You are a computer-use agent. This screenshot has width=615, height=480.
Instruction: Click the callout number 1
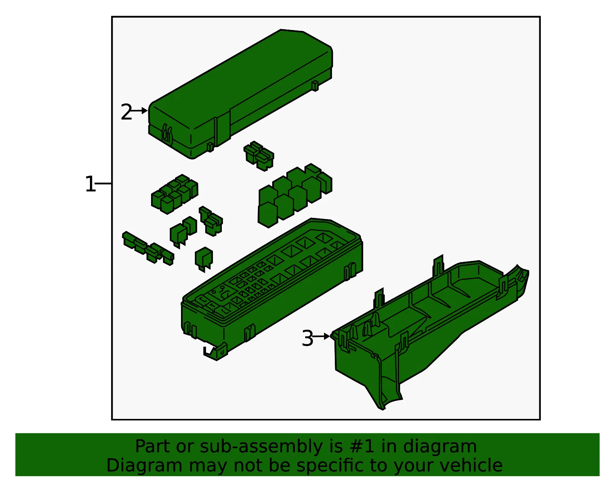pyautogui.click(x=90, y=184)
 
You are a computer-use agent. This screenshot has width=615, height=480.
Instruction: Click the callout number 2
pyautogui.click(x=126, y=111)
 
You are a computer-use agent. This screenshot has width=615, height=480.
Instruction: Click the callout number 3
pyautogui.click(x=307, y=338)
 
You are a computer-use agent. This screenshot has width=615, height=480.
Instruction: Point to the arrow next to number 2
pyautogui.click(x=139, y=111)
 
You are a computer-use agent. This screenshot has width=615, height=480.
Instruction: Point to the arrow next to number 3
pyautogui.click(x=321, y=336)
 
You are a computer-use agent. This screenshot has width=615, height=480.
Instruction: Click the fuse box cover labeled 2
pyautogui.click(x=241, y=93)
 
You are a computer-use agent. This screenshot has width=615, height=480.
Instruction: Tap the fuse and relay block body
pyautogui.click(x=272, y=289)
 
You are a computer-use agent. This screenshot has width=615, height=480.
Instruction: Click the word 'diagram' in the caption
pyautogui.click(x=440, y=446)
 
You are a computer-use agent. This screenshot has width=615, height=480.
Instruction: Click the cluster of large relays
pyautogui.click(x=295, y=195)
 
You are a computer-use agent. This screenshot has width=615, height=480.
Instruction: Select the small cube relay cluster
pyautogui.click(x=175, y=194)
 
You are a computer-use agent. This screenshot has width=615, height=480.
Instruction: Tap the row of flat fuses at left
pyautogui.click(x=148, y=248)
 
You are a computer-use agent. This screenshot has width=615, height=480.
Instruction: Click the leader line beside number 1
pyautogui.click(x=103, y=184)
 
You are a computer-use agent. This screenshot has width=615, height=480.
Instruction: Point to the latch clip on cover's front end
pyautogui.click(x=168, y=133)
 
